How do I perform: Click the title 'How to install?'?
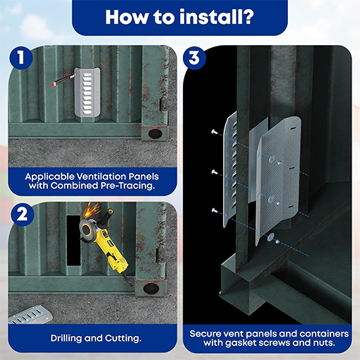(179, 17)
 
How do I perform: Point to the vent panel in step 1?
(92, 93)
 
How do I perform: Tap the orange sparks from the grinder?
(91, 212)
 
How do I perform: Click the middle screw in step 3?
(213, 172)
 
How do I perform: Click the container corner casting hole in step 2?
(151, 288)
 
